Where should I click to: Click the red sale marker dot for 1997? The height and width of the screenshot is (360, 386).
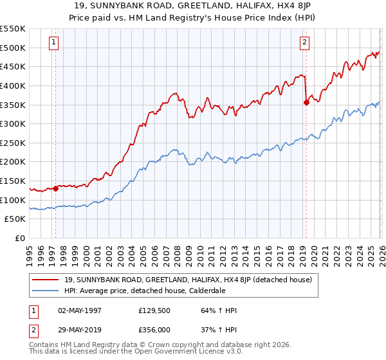[x=56, y=188]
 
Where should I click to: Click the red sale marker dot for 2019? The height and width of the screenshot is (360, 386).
[x=306, y=102]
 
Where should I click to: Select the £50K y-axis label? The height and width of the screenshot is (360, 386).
[x=15, y=219]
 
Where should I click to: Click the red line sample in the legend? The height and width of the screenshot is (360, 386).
[x=47, y=280]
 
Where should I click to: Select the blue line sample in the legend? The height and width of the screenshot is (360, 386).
[x=47, y=291]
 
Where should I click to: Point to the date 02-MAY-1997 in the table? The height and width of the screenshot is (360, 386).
[x=80, y=311]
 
